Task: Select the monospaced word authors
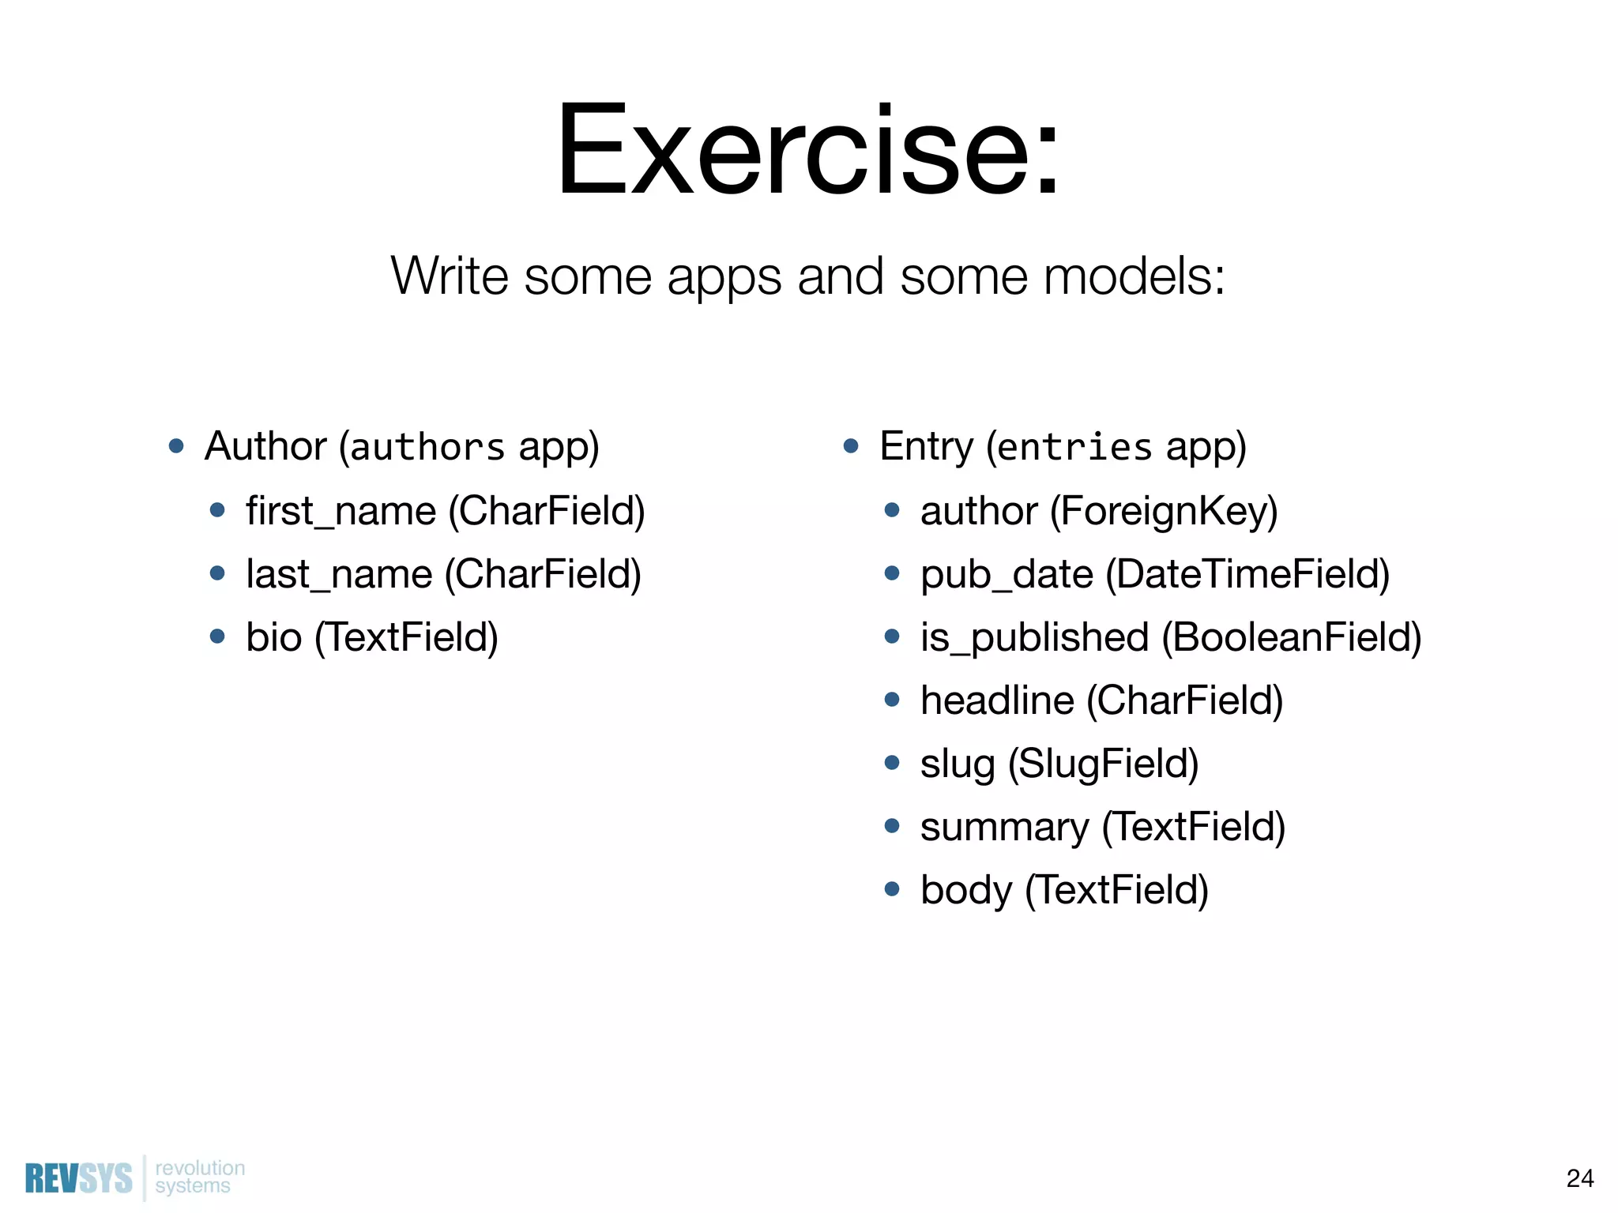pyautogui.click(x=427, y=448)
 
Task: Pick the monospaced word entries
pyautogui.click(x=1074, y=448)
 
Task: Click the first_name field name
pyautogui.click(x=341, y=511)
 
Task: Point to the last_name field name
pyautogui.click(x=339, y=574)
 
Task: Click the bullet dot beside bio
pyautogui.click(x=218, y=637)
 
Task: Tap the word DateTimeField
pyautogui.click(x=1247, y=574)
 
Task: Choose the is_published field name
pyautogui.click(x=1034, y=637)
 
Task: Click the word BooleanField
pyautogui.click(x=1292, y=637)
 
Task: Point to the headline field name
pyautogui.click(x=997, y=700)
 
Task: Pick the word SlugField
pyautogui.click(x=1104, y=764)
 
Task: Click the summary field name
pyautogui.click(x=1004, y=827)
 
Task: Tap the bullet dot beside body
pyautogui.click(x=892, y=889)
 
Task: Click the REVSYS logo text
pyautogui.click(x=79, y=1179)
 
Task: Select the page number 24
pyautogui.click(x=1579, y=1178)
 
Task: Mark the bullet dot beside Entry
pyautogui.click(x=851, y=446)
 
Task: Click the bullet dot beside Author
pyautogui.click(x=176, y=446)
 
